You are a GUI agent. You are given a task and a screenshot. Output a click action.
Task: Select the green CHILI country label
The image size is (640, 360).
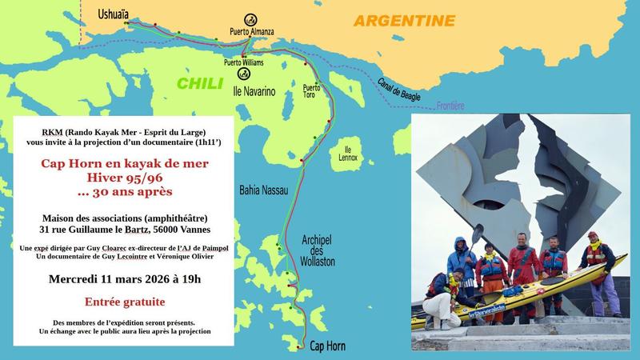click(201, 83)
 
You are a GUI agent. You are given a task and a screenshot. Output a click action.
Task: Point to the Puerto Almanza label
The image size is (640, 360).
click(252, 32)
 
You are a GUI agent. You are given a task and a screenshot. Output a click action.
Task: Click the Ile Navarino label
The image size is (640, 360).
click(254, 92)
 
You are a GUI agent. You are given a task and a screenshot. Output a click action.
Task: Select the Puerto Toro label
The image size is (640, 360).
click(311, 91)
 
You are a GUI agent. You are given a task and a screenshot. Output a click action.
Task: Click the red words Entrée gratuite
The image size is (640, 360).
click(126, 302)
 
